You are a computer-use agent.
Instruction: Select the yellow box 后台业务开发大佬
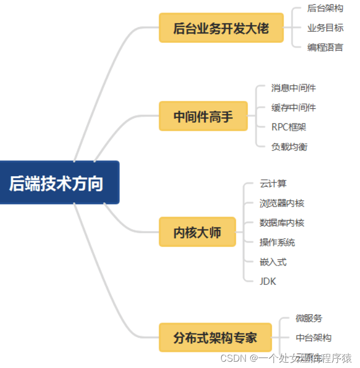[x=221, y=28]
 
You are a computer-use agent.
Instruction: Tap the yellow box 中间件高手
[x=203, y=116]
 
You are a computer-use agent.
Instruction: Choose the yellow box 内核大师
[x=197, y=232]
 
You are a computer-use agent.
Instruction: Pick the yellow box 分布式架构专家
[x=215, y=337]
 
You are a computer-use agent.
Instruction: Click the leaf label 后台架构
[x=325, y=8]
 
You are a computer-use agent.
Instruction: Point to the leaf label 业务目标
[x=325, y=28]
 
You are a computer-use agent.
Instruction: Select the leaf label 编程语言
[x=325, y=47]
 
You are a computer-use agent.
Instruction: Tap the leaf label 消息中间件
[x=294, y=88]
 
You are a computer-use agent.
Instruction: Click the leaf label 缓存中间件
[x=294, y=108]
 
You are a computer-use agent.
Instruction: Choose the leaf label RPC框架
[x=289, y=127]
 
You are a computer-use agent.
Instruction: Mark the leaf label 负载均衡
[x=289, y=147]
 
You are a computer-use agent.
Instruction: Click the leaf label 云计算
[x=273, y=183]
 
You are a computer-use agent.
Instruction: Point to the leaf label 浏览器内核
[x=282, y=203]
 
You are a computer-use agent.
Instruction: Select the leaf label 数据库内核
[x=282, y=223]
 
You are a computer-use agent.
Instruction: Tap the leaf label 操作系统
[x=277, y=243]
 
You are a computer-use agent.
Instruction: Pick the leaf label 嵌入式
[x=273, y=262]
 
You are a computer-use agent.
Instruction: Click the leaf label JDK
[x=268, y=281]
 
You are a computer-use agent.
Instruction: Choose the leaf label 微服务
[x=309, y=318]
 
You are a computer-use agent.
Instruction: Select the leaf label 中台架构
[x=313, y=338]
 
